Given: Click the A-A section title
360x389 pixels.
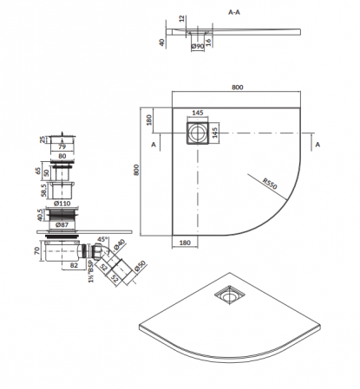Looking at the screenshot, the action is point(234,12).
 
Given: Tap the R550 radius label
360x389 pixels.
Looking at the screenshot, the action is point(270,184).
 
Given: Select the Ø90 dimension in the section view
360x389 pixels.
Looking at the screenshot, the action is point(198,46).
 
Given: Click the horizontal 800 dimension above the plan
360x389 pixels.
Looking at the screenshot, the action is point(238,88).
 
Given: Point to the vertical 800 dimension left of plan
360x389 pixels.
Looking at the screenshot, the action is point(136,170).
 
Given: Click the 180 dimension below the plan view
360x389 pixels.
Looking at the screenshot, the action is point(185,243).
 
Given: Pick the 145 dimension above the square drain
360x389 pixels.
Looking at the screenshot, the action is point(198,113).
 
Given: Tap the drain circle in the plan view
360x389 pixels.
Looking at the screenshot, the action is point(198,133).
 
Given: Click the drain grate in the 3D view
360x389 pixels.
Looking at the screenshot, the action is point(230,295).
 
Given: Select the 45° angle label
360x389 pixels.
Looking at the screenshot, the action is point(102,239).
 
